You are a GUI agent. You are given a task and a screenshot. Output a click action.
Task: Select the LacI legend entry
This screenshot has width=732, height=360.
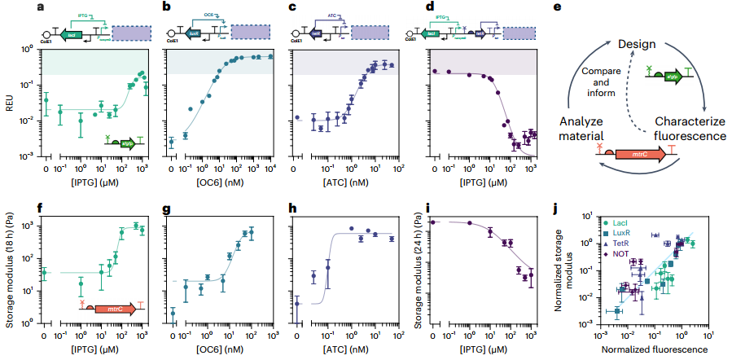625,222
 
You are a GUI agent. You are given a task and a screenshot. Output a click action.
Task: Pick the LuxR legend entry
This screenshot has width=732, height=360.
625,233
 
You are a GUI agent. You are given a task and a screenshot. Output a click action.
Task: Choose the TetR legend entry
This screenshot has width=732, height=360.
625,243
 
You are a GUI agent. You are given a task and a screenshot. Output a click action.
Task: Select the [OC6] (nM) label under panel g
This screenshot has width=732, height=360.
219,349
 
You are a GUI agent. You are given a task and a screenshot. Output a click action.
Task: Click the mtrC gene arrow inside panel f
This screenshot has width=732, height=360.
113,309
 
